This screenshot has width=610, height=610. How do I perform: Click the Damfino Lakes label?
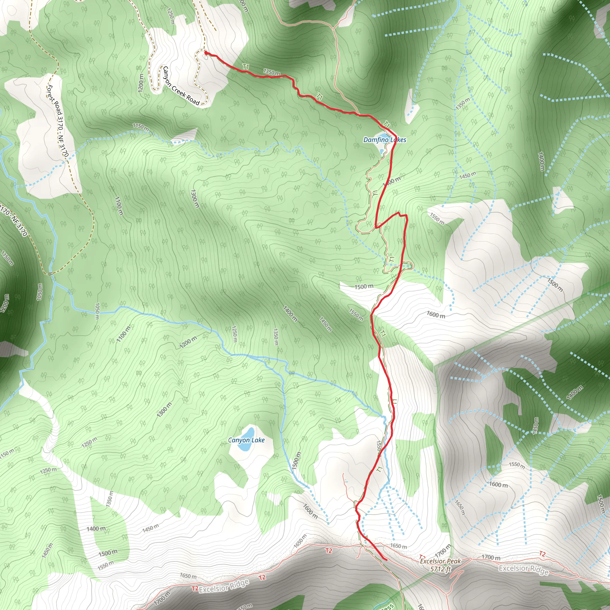click(385, 140)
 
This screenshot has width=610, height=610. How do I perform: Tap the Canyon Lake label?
click(246, 440)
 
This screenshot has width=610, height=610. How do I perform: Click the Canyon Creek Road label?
click(181, 85)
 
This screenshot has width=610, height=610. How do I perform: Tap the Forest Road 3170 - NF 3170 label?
click(57, 121)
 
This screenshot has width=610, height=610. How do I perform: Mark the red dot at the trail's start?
click(206, 53)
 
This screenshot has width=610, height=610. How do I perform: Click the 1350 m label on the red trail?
click(272, 72)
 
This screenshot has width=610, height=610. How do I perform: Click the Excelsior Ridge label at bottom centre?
click(224, 586)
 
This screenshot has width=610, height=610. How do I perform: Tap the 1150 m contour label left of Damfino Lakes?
click(141, 127)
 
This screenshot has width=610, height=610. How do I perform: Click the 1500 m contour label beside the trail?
click(364, 287)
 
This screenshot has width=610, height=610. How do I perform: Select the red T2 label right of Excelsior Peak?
click(542, 554)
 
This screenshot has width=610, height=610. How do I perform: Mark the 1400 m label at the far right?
click(541, 161)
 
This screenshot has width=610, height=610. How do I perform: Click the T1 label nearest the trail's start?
click(246, 67)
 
